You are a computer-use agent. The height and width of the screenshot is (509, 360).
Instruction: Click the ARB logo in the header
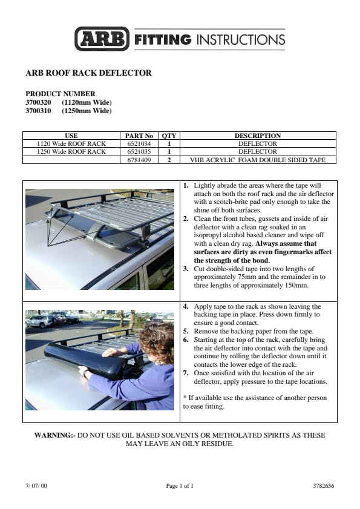click(x=102, y=39)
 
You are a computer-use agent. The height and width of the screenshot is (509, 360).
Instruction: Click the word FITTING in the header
click(x=163, y=39)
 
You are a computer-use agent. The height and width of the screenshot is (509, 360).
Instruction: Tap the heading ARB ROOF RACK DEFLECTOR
click(x=88, y=73)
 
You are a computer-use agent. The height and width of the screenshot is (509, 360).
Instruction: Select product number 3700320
click(x=38, y=102)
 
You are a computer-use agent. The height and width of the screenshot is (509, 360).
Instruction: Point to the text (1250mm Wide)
click(x=87, y=111)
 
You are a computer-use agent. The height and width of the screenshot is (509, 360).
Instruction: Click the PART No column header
click(x=139, y=136)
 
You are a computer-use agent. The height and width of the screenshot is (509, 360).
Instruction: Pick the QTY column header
click(x=169, y=136)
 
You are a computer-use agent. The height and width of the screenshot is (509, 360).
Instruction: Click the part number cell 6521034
click(x=139, y=143)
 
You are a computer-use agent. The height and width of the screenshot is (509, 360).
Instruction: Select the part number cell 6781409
click(x=139, y=160)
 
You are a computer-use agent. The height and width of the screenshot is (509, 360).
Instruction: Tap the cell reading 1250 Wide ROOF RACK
click(x=71, y=151)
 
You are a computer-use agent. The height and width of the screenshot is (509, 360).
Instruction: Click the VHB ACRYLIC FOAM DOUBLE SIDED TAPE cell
click(x=258, y=160)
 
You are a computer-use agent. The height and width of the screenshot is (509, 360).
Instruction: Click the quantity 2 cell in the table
click(x=169, y=160)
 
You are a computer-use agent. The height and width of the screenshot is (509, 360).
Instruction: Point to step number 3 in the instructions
click(x=186, y=269)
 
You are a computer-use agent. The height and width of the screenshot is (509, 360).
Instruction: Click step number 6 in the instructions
click(x=186, y=340)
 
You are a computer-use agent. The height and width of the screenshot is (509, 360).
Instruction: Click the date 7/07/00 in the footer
click(x=36, y=486)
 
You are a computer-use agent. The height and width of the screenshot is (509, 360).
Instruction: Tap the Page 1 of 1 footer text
click(x=180, y=486)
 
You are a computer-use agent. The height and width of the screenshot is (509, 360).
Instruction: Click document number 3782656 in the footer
click(x=323, y=486)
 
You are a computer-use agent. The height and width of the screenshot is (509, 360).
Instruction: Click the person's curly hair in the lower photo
click(x=158, y=338)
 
